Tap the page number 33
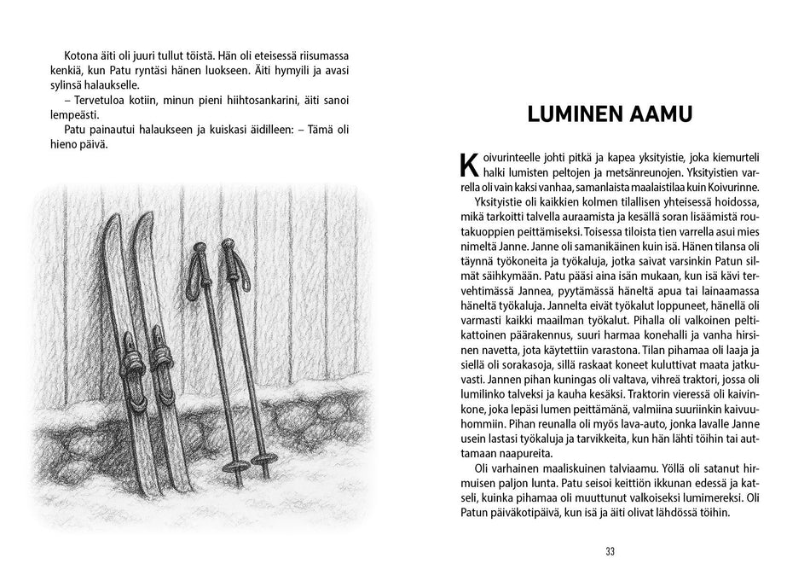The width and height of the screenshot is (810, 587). [610, 551]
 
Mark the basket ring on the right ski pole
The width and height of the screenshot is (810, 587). [266, 462]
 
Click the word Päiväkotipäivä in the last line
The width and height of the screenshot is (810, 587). [512, 512]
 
